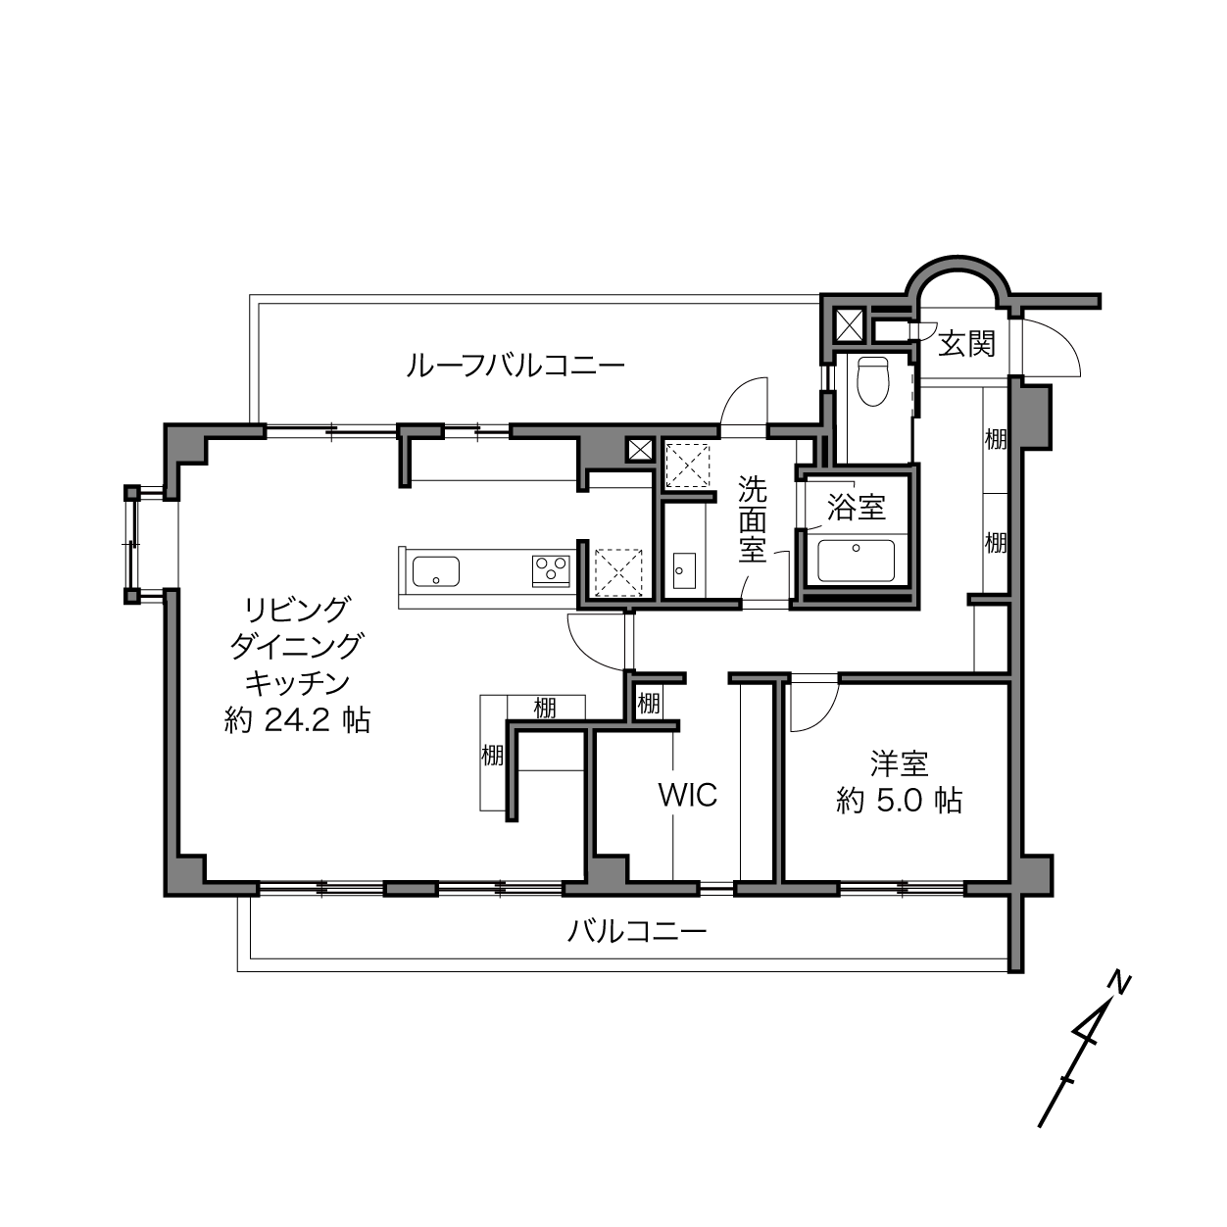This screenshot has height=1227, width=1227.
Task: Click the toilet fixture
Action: [872, 381]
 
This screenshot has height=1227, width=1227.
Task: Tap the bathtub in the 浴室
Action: [856, 561]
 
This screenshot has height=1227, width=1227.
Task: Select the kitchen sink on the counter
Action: [436, 571]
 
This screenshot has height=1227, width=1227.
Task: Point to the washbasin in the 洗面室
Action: [684, 570]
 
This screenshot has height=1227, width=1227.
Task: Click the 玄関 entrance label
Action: [966, 345]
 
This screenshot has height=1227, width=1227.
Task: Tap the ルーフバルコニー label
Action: [515, 367]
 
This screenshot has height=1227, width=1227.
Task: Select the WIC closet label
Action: [688, 795]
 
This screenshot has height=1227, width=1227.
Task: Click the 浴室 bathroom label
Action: [856, 508]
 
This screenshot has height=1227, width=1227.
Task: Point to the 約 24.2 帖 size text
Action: [297, 720]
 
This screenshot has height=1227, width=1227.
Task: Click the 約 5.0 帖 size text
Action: [899, 801]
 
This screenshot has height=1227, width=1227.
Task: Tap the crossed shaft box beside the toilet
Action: [850, 324]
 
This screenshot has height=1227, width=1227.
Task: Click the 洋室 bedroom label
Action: [899, 764]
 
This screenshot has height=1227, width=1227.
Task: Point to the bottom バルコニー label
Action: [637, 933]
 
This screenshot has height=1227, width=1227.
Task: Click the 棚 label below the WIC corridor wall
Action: [648, 704]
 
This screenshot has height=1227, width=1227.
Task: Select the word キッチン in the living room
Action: [297, 684]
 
